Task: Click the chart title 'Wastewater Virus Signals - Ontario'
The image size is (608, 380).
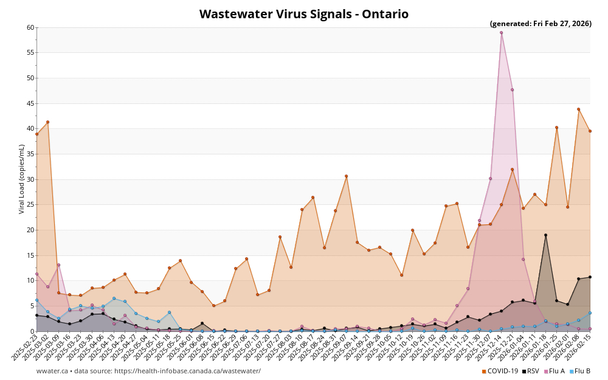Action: [303, 14]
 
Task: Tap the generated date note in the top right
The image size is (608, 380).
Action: [541, 24]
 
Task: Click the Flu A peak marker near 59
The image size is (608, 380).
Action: [501, 33]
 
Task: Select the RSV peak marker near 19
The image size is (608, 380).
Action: [545, 235]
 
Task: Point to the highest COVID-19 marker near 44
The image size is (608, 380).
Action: [578, 109]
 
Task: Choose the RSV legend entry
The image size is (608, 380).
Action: [530, 371]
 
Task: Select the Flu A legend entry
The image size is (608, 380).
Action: [555, 371]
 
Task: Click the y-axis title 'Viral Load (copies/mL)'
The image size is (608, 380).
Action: [22, 179]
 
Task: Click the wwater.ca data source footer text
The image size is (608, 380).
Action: [148, 371]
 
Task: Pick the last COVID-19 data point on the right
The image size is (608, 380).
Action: [590, 131]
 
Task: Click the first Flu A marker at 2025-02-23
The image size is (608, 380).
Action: [36, 274]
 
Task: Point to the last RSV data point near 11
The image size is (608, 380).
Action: [590, 277]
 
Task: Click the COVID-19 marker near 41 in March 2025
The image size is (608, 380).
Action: [47, 122]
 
